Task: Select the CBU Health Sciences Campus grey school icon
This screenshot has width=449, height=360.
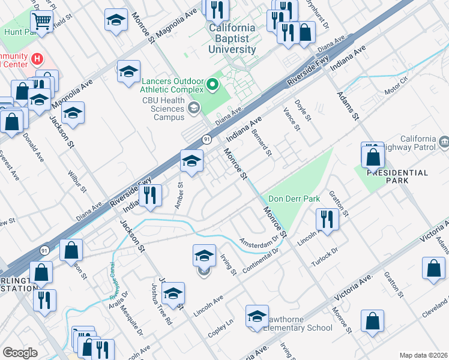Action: click(194, 109)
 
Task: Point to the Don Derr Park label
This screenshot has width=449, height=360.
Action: click(294, 199)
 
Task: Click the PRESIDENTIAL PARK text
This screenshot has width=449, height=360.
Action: click(397, 173)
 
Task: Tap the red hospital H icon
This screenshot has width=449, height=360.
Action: click(38, 59)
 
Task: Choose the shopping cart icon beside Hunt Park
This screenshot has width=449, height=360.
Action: click(41, 22)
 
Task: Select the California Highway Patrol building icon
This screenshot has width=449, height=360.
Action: click(444, 142)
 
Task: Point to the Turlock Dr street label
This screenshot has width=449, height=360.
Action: click(325, 257)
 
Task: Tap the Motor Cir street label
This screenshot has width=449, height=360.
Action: click(396, 83)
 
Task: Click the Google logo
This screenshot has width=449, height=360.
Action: click(20, 353)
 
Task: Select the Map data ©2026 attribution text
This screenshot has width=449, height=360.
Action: click(423, 355)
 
